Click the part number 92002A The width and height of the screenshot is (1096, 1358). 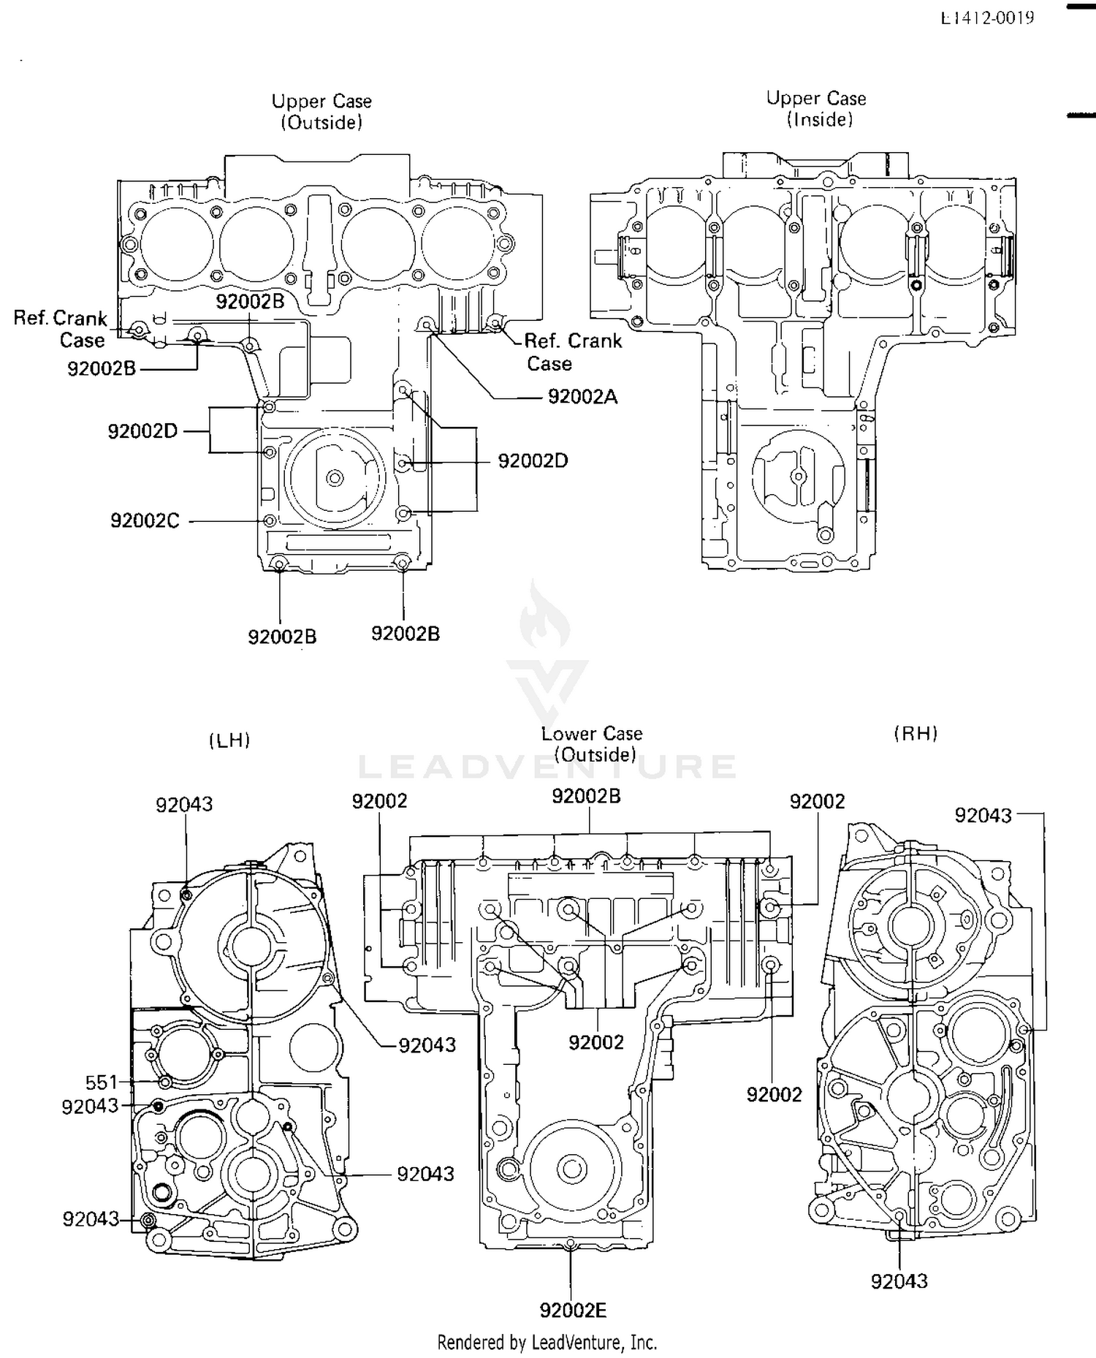tap(582, 397)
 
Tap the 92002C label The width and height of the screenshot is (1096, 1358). tap(145, 520)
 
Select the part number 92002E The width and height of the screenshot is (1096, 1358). tap(573, 1310)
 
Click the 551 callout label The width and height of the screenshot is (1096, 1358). tap(101, 1082)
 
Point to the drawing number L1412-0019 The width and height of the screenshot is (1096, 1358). tap(987, 18)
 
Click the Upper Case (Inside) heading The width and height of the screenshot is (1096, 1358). tap(817, 109)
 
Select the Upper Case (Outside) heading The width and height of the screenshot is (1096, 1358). tap(321, 111)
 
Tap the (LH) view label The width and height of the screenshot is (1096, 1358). tap(229, 740)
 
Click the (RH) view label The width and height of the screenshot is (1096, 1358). tap(916, 734)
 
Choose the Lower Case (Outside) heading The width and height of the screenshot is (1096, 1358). tap(593, 744)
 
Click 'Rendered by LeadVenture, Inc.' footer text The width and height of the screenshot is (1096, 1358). tap(547, 1342)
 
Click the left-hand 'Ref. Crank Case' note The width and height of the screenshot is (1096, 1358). tap(61, 329)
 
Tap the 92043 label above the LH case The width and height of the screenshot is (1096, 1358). tap(184, 804)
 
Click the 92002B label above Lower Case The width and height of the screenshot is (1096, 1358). tap(586, 796)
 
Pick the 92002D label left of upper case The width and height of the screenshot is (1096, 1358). tap(142, 431)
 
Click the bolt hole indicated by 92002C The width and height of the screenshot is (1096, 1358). tap(270, 520)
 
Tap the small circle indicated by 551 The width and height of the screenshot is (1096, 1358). tap(165, 1081)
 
